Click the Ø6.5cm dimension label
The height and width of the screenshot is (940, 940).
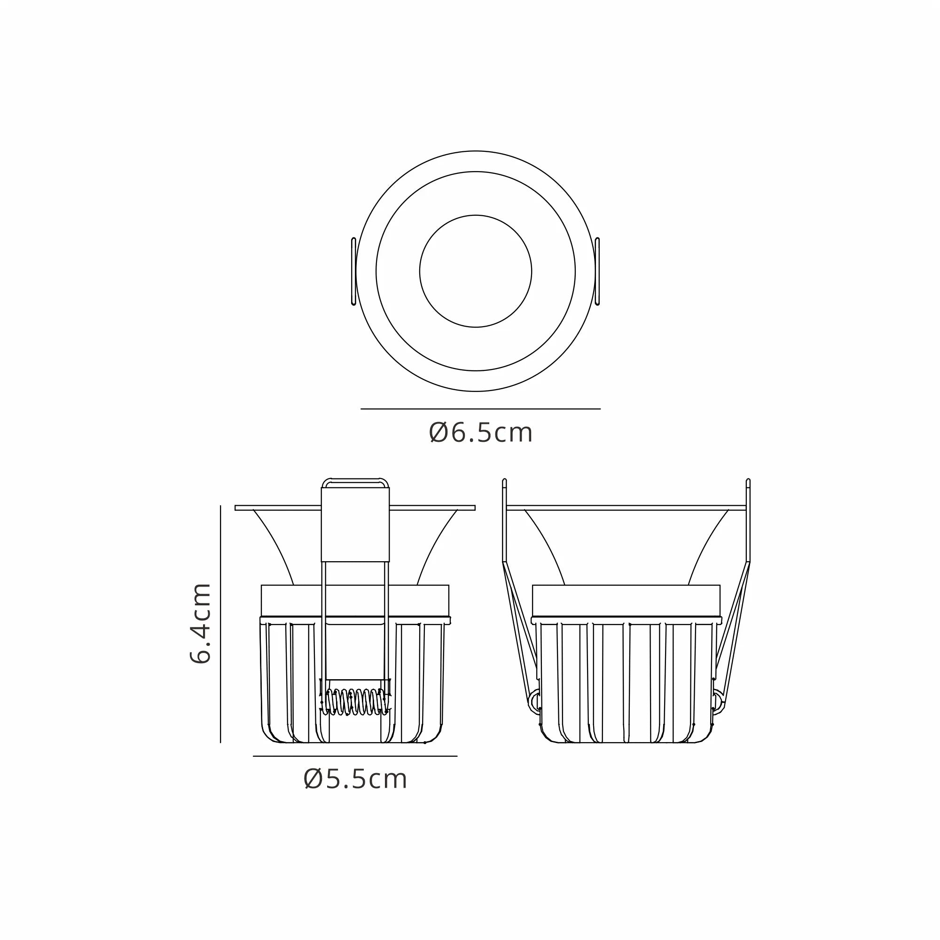[480, 433]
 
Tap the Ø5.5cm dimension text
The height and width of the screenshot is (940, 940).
[355, 779]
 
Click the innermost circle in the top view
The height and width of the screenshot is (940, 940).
[475, 271]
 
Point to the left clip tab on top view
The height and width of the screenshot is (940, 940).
[353, 271]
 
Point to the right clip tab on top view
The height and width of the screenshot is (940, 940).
[597, 271]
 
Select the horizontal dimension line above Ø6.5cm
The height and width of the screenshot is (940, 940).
[480, 409]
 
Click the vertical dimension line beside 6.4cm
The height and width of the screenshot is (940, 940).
[220, 623]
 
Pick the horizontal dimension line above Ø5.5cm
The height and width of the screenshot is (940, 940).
[355, 756]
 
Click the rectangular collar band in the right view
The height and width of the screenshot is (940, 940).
[626, 600]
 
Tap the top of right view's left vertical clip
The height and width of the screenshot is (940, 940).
[504, 482]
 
